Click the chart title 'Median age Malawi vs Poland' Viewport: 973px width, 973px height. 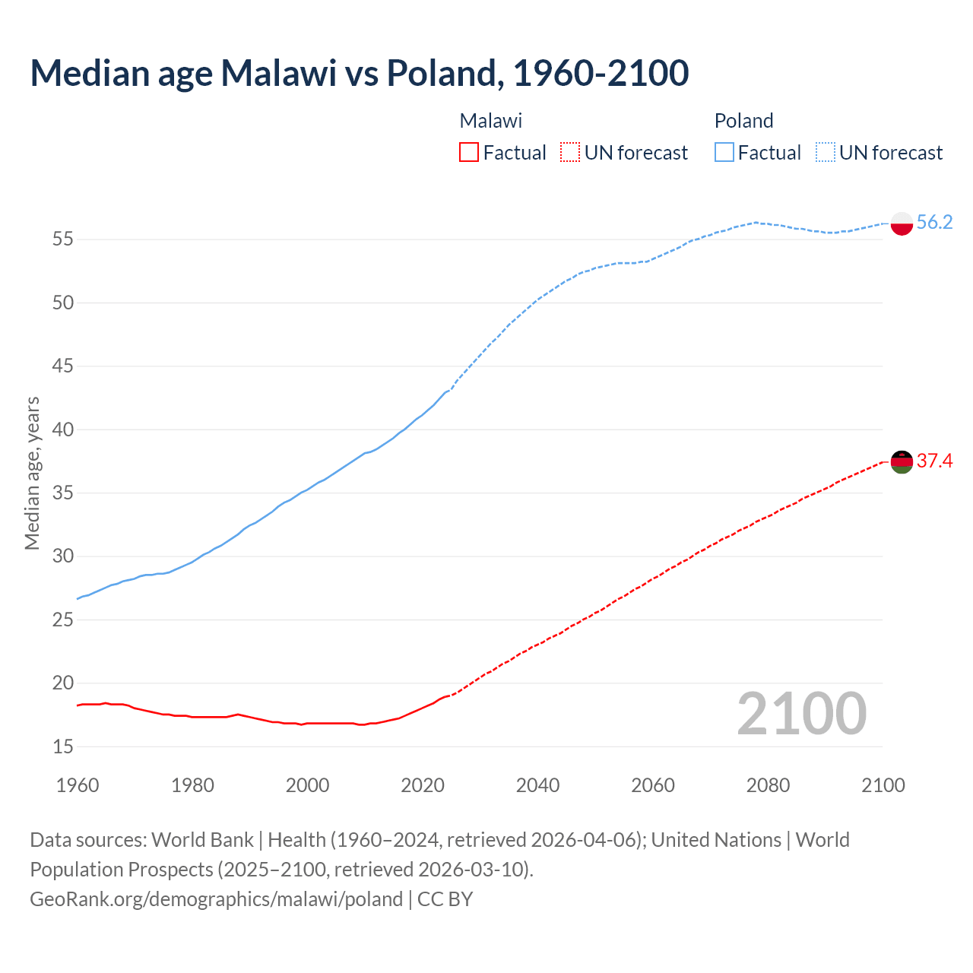(359, 73)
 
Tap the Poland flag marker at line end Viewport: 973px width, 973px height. (901, 223)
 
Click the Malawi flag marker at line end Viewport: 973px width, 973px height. (901, 461)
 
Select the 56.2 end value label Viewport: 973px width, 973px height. (934, 222)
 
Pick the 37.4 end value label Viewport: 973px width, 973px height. (934, 461)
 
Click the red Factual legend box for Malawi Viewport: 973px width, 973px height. (469, 153)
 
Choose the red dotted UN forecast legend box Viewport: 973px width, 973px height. (570, 153)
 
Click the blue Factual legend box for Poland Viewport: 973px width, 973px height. (724, 153)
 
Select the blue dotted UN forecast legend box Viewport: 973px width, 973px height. (825, 153)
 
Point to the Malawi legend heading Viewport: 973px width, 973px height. (491, 121)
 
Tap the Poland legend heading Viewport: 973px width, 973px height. (743, 121)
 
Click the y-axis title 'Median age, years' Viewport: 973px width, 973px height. (32, 473)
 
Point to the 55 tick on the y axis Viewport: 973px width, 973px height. (63, 239)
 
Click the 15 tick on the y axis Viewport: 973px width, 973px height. (63, 746)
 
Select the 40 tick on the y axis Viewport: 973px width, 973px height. (63, 429)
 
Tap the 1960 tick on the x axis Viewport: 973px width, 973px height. (78, 785)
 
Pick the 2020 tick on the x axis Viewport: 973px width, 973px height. (423, 785)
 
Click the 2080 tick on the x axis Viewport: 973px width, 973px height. (768, 785)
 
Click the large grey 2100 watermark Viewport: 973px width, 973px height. (801, 713)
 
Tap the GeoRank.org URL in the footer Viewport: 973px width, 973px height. (216, 899)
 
